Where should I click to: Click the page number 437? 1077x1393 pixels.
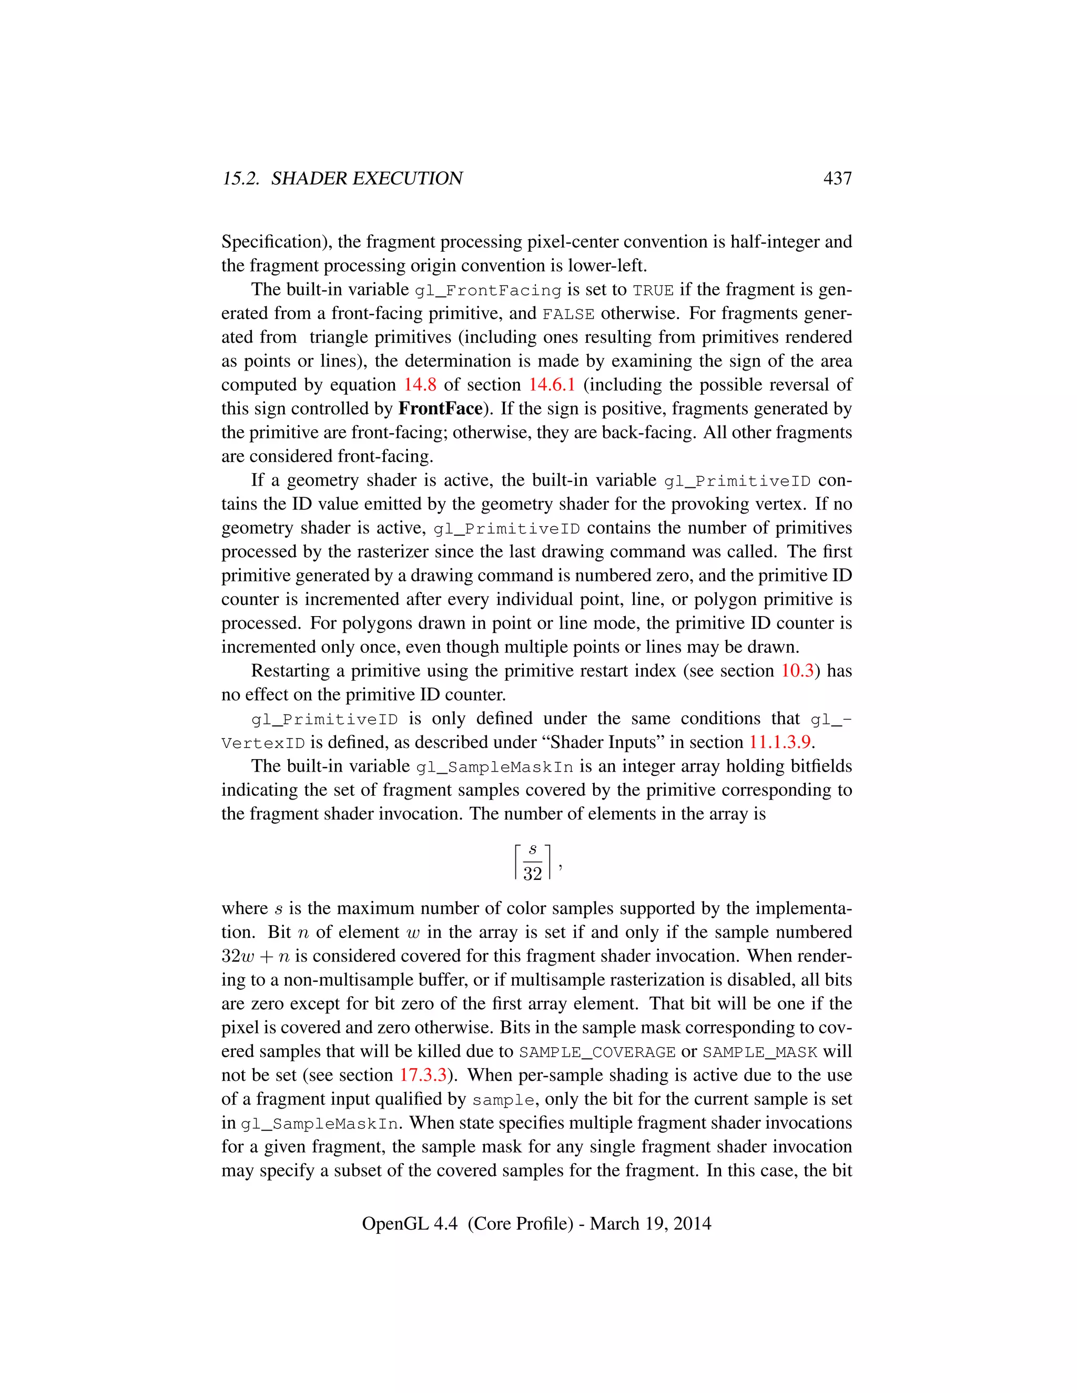pyautogui.click(x=837, y=179)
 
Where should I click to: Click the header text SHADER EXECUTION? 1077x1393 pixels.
pyautogui.click(x=367, y=179)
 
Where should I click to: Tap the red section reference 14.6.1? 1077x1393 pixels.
pyautogui.click(x=552, y=385)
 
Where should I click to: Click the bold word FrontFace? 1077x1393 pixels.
pyautogui.click(x=440, y=408)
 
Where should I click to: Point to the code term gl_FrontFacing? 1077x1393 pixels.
pyautogui.click(x=488, y=290)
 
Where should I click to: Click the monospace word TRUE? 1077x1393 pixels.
pyautogui.click(x=653, y=290)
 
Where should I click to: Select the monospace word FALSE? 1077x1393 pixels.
pyautogui.click(x=568, y=314)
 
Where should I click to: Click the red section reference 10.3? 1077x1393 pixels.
pyautogui.click(x=798, y=670)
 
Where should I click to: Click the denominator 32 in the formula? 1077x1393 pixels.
pyautogui.click(x=532, y=873)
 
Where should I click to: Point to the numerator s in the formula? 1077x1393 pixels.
pyautogui.click(x=533, y=849)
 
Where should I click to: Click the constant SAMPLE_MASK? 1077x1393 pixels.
pyautogui.click(x=760, y=1052)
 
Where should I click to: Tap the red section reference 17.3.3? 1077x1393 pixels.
pyautogui.click(x=423, y=1075)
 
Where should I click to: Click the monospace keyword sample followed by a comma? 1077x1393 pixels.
pyautogui.click(x=503, y=1100)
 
